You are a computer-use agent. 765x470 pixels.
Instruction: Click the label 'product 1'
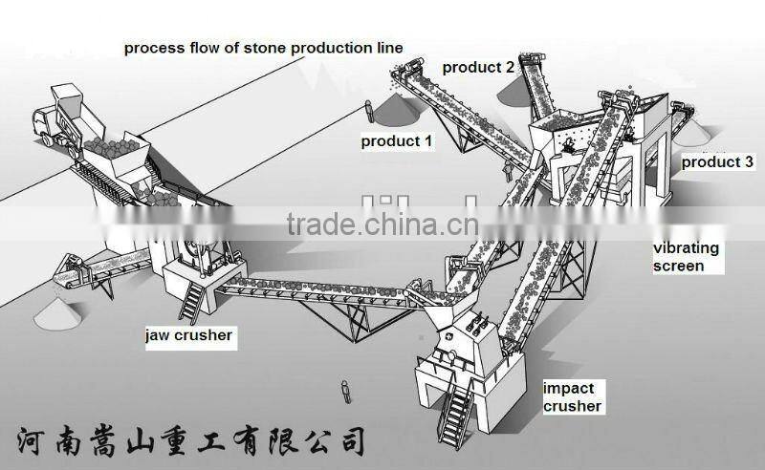click(396, 141)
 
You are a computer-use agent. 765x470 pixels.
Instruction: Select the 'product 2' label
click(477, 67)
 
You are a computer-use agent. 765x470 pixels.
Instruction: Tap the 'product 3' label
click(717, 162)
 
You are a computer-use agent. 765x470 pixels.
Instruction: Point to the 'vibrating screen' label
click(686, 257)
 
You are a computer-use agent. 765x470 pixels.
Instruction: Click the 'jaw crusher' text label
click(188, 335)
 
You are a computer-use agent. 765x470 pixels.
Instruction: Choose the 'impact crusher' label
click(572, 396)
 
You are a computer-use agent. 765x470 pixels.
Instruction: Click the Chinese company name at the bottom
click(191, 439)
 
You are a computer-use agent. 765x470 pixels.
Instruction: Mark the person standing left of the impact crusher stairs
click(344, 391)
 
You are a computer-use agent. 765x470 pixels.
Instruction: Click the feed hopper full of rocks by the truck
click(115, 153)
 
